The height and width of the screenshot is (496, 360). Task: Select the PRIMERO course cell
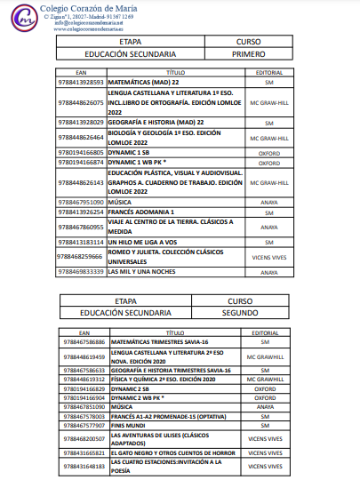pyautogui.click(x=248, y=52)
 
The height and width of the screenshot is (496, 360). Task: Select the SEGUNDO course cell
pyautogui.click(x=240, y=313)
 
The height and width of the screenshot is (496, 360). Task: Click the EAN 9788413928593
pyautogui.click(x=81, y=82)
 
